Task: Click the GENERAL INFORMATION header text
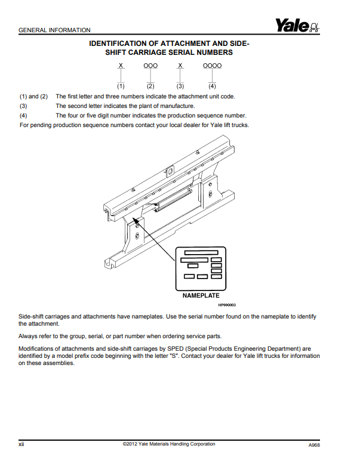click(x=55, y=30)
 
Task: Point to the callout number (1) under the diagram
click(x=121, y=86)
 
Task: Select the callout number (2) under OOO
click(x=150, y=86)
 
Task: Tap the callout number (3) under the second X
click(x=180, y=86)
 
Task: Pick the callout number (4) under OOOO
click(x=212, y=86)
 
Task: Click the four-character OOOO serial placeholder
click(x=212, y=66)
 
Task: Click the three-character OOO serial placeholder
click(x=150, y=66)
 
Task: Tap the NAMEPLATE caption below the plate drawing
click(x=201, y=295)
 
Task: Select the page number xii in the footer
click(x=21, y=444)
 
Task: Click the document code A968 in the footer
click(x=314, y=445)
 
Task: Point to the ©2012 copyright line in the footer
click(x=168, y=444)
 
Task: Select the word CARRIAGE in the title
click(x=150, y=52)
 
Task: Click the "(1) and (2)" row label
click(x=33, y=96)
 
